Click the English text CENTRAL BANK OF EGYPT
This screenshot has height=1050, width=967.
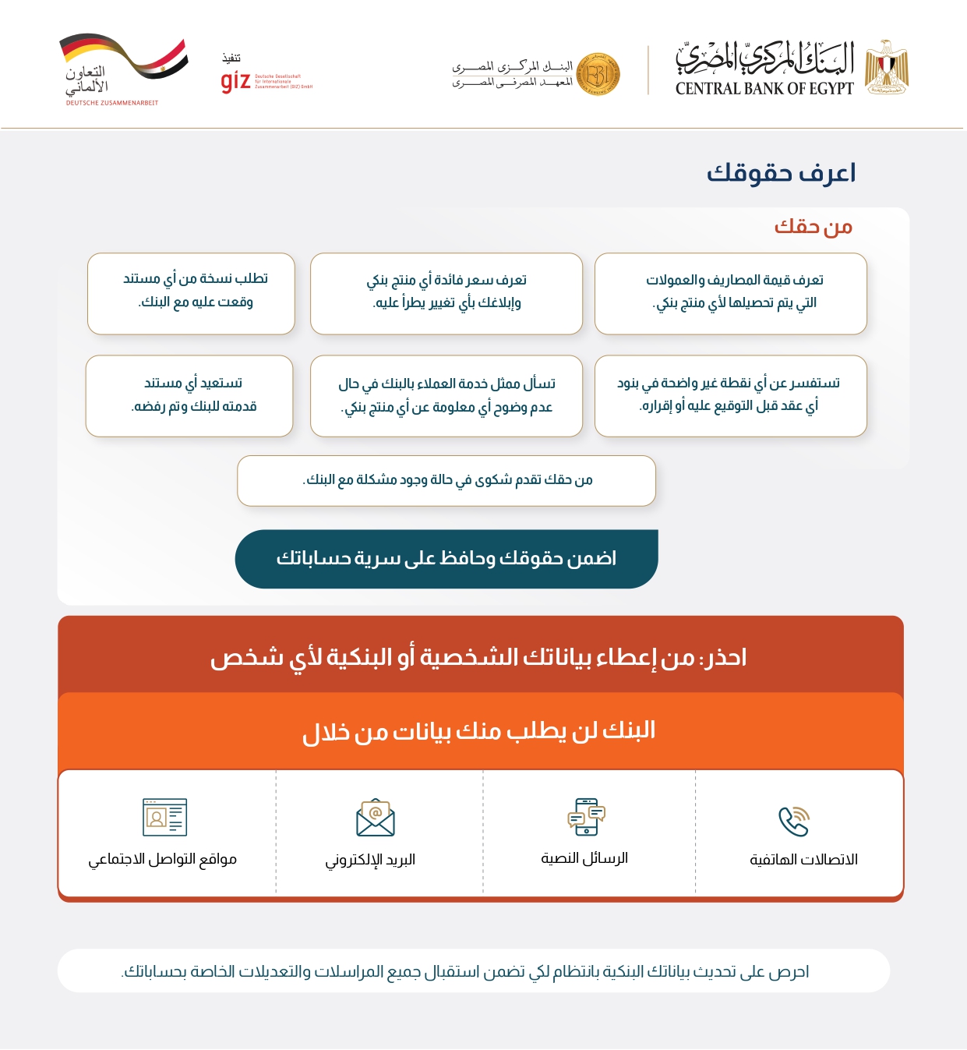(764, 89)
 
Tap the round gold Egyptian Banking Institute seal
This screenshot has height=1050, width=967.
(598, 75)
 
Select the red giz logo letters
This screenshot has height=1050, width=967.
(235, 81)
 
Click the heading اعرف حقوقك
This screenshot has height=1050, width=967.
(781, 173)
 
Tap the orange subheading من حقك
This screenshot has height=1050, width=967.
(813, 227)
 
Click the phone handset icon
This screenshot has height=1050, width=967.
(794, 821)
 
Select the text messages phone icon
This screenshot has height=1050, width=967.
(586, 816)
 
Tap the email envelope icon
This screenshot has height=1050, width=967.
(376, 817)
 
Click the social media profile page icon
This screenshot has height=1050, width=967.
(164, 817)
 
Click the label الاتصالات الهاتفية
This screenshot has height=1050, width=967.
(803, 860)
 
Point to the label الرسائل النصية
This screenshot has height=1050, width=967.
(584, 858)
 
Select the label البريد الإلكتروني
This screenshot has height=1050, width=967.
(370, 860)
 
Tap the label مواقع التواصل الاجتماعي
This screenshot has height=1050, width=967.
(162, 859)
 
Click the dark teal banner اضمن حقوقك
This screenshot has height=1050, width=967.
(446, 559)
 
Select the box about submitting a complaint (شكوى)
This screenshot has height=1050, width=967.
(446, 480)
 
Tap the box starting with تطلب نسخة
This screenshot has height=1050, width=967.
(192, 293)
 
